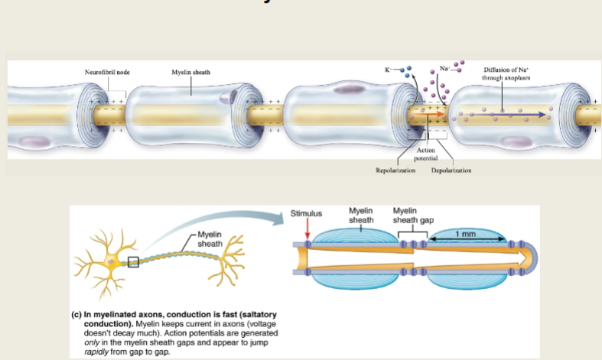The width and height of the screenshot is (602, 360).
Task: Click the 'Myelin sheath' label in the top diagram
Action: coord(191,72)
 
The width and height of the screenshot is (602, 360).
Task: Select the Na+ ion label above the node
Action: coord(443,69)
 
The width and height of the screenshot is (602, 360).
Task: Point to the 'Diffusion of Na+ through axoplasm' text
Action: coord(502,74)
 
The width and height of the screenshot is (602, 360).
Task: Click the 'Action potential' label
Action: coord(425,154)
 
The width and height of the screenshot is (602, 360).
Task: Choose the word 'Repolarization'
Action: coord(395,170)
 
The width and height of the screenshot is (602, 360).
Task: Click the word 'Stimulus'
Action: coord(307,213)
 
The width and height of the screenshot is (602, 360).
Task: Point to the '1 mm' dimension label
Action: coord(466,232)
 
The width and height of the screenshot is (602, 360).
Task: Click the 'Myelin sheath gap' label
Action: coord(413,215)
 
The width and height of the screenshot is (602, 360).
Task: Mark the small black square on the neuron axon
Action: coord(134,262)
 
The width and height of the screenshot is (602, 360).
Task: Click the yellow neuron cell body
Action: coord(112,261)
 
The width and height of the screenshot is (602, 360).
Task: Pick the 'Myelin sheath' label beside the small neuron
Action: coord(210,238)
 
